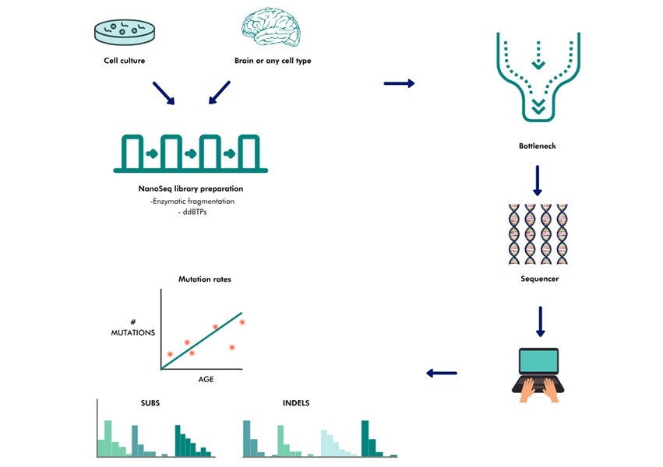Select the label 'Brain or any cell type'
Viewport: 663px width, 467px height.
tap(273, 61)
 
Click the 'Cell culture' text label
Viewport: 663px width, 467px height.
tap(125, 61)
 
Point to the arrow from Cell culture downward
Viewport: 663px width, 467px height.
tap(164, 93)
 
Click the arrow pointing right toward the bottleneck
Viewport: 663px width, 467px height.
tap(399, 83)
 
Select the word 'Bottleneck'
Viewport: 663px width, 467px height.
tap(537, 146)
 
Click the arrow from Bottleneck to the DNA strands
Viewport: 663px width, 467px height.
tap(537, 181)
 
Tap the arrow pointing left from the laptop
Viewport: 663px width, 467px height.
tap(442, 374)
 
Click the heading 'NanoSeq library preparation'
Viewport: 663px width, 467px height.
tap(191, 188)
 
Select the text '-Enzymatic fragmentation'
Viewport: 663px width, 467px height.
tap(192, 201)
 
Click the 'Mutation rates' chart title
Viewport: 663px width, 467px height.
tap(205, 279)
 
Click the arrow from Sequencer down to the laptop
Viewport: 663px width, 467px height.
tap(539, 321)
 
